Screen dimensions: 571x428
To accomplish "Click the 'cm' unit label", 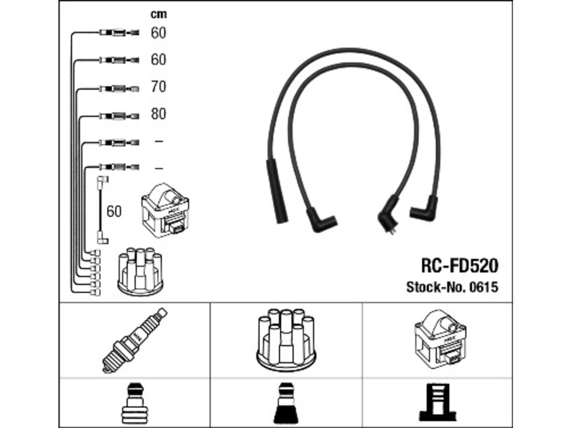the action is point(158,14).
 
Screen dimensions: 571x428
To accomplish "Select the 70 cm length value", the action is point(158,86).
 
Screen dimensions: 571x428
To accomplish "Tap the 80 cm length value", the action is point(158,114).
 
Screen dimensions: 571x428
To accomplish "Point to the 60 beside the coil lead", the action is point(114,211).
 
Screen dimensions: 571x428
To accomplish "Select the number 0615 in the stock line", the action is point(484,288).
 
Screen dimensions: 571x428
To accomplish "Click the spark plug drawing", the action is point(134,340).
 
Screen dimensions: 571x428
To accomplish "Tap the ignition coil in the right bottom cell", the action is point(440,339).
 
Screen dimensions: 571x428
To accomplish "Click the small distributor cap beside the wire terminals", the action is point(140,272).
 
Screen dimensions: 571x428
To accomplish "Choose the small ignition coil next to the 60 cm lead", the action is point(165,210).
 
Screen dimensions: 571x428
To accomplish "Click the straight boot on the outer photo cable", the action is point(277,192).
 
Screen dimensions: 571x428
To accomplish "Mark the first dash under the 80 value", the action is point(159,141).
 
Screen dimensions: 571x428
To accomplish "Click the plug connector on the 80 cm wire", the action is point(120,116).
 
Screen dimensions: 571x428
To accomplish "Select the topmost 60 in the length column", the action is point(158,33).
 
